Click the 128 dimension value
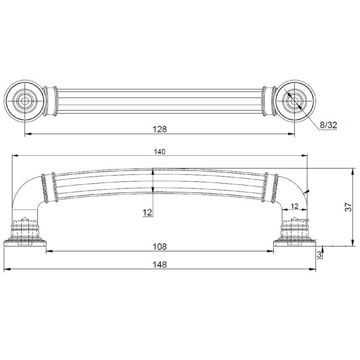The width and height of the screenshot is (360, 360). [160, 129]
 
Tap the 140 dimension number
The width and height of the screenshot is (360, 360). [160, 152]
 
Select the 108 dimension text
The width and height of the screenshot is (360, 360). [160, 247]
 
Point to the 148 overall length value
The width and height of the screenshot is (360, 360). [160, 265]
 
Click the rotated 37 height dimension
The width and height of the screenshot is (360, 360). [348, 207]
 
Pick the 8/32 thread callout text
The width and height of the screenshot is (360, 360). [328, 125]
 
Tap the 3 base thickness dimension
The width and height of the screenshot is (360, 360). [319, 254]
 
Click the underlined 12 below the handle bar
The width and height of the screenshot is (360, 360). [148, 212]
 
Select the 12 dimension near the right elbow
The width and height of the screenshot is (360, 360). [294, 206]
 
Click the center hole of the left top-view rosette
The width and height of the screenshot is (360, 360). [25, 101]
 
